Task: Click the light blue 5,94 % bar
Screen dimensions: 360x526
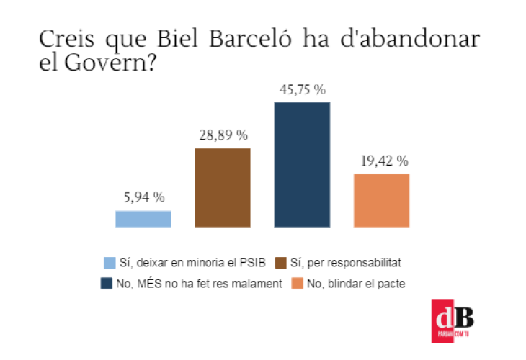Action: [x=143, y=219]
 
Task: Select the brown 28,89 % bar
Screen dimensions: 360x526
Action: [x=223, y=187]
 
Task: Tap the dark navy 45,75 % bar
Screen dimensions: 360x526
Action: [x=302, y=164]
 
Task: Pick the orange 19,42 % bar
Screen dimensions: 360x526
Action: [x=381, y=200]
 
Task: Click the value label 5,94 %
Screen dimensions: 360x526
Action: [x=143, y=197]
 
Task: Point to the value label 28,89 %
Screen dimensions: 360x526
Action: [x=223, y=135]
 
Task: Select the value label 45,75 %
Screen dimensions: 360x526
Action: [x=302, y=90]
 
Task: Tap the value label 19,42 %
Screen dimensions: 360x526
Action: [x=382, y=161]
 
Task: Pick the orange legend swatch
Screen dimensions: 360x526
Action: [x=296, y=284]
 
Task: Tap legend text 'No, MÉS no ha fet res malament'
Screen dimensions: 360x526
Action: [x=198, y=284]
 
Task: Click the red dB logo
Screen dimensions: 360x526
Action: [x=453, y=318]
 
